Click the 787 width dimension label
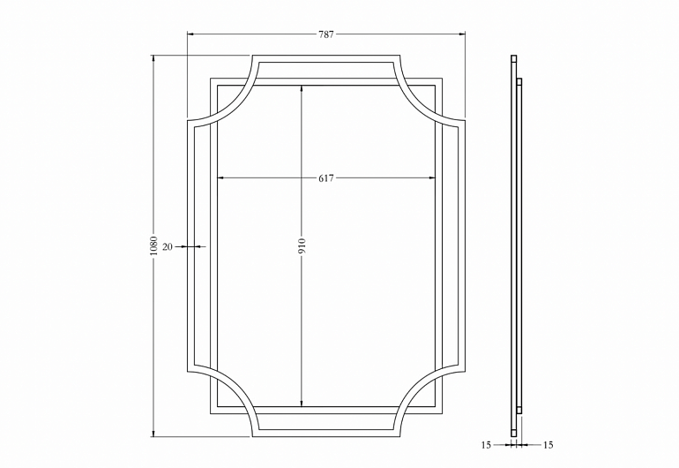[326, 34]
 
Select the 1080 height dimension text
[153, 246]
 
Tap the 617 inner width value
[326, 177]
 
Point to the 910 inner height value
[302, 246]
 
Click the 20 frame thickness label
[168, 246]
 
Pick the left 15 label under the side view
[486, 445]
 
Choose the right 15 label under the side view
[548, 445]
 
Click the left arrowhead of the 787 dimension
[190, 34]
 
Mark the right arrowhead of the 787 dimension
[462, 34]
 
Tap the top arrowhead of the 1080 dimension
[153, 58]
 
